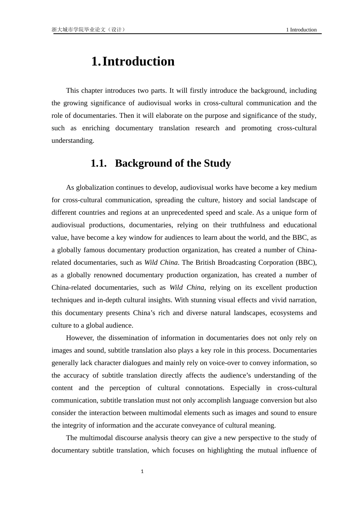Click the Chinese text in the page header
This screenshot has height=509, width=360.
(x=88, y=30)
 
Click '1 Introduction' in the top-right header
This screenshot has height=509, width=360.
(x=301, y=30)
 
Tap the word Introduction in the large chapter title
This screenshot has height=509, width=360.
(x=138, y=61)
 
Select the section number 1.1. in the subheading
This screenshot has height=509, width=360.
(x=99, y=163)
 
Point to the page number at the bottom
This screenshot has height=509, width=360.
(x=142, y=472)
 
